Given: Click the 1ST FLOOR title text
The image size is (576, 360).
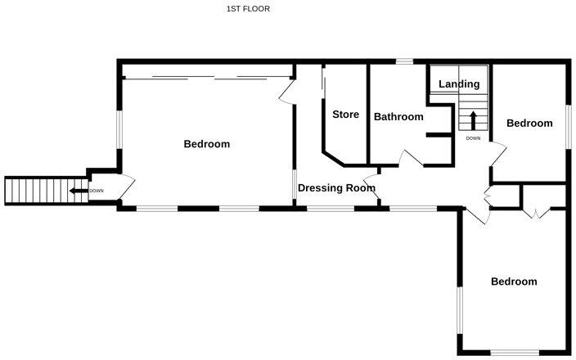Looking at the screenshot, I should (x=248, y=9).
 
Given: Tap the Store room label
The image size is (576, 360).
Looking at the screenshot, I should (x=345, y=115).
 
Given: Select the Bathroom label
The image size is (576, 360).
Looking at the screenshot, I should (x=398, y=117).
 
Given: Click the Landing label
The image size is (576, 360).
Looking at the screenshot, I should (x=459, y=83).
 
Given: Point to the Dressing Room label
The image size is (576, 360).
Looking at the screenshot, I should (x=336, y=188).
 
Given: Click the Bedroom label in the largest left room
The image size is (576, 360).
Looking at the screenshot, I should (x=206, y=144).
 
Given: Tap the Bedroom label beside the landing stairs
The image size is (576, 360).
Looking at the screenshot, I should (x=529, y=124).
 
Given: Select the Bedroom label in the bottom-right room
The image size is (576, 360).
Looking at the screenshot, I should (x=514, y=281).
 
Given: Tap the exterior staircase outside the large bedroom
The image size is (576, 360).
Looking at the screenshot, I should (x=33, y=191).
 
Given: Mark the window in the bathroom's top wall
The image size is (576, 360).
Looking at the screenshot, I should (x=404, y=61).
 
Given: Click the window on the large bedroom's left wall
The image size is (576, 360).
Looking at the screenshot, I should (x=119, y=130).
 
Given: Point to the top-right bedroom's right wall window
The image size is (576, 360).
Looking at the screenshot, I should (x=567, y=126).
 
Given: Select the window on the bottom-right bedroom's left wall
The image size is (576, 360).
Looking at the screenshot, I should (x=459, y=310).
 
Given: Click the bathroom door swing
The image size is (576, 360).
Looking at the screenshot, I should (x=411, y=158).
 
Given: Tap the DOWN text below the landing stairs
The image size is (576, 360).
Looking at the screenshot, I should (x=473, y=138).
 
